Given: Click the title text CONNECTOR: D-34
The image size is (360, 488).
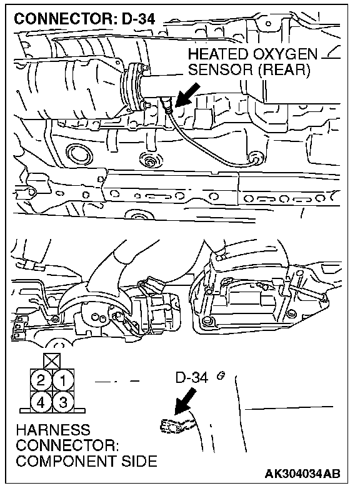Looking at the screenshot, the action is [x=84, y=19].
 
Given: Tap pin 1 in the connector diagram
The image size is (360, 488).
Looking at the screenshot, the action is [x=63, y=380].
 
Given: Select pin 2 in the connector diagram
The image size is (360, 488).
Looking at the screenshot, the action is [x=41, y=380].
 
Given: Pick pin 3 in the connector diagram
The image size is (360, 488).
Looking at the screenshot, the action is [x=63, y=402].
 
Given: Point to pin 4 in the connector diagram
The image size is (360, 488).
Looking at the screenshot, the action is [x=41, y=402].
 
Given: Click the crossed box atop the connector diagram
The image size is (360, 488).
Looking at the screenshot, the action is [x=52, y=361].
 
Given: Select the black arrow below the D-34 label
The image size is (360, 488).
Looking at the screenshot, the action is [x=185, y=402].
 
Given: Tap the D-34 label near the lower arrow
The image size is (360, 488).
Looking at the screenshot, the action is [x=191, y=377].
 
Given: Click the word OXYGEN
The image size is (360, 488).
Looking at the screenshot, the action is [x=285, y=54].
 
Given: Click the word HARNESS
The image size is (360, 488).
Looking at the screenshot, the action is [x=53, y=430].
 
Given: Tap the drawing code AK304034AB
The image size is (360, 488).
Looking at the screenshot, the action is [x=302, y=474].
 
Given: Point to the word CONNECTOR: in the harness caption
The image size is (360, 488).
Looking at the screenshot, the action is [x=67, y=445].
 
